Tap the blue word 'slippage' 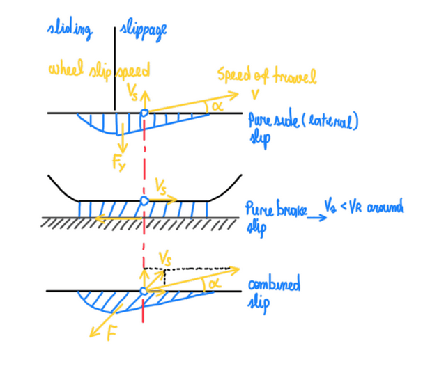click(x=144, y=30)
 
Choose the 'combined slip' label click(x=275, y=292)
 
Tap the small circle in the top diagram click(x=143, y=113)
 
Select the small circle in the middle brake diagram click(x=144, y=200)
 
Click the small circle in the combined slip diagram click(x=143, y=290)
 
